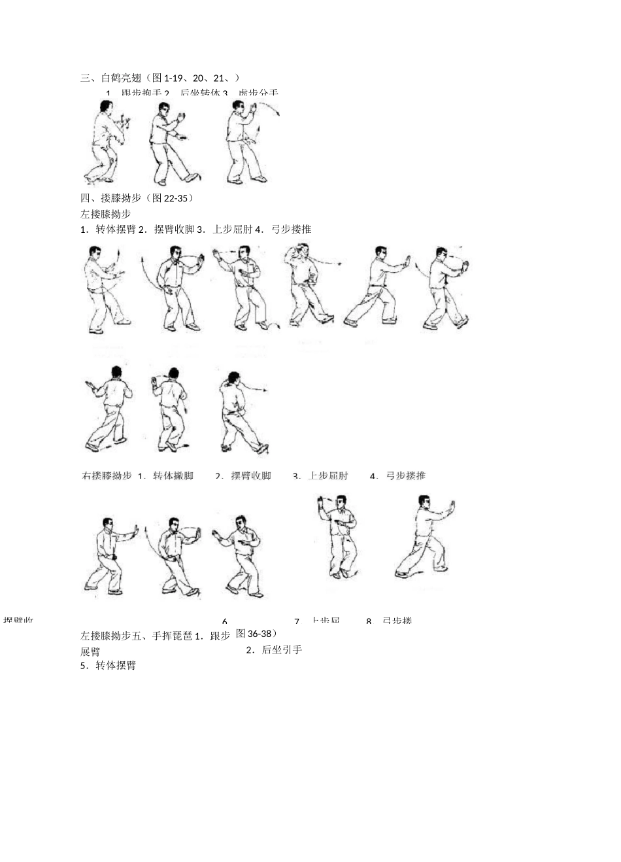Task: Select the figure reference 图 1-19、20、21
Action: pyautogui.click(x=193, y=78)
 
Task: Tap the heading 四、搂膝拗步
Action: pyautogui.click(x=109, y=198)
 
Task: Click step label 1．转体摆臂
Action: pyautogui.click(x=108, y=229)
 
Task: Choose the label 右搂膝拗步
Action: pyautogui.click(x=107, y=475)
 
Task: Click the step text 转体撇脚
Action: pyautogui.click(x=173, y=475)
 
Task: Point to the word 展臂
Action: pyautogui.click(x=90, y=651)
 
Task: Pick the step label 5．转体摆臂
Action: pyautogui.click(x=108, y=665)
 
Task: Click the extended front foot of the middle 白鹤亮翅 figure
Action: pyautogui.click(x=192, y=177)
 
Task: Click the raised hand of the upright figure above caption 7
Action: pyautogui.click(x=321, y=502)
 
